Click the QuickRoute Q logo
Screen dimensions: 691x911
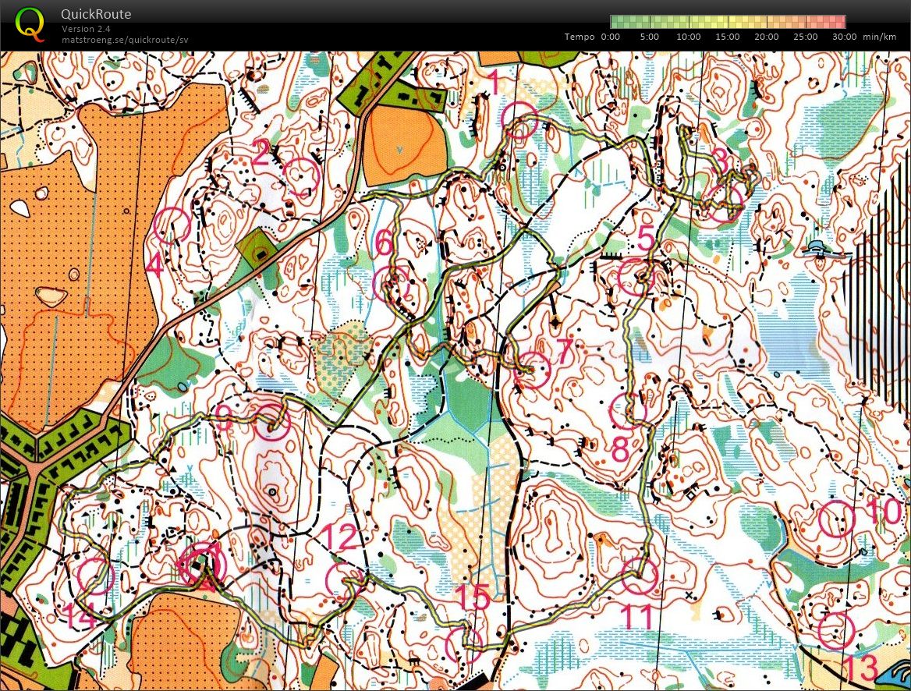tap(30, 23)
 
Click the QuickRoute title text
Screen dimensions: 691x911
tap(96, 14)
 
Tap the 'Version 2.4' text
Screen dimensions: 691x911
tap(85, 29)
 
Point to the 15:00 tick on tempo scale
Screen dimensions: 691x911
tap(728, 37)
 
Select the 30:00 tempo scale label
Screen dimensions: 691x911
tap(843, 37)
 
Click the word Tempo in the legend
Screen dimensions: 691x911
tap(580, 37)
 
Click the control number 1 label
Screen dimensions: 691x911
tap(492, 80)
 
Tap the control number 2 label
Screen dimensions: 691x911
tap(261, 154)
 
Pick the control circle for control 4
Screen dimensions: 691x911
tap(172, 225)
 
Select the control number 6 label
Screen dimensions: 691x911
tap(383, 243)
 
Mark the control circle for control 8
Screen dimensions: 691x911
tap(628, 411)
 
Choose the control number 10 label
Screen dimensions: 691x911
tap(883, 512)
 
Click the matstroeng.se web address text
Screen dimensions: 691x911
tap(125, 40)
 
